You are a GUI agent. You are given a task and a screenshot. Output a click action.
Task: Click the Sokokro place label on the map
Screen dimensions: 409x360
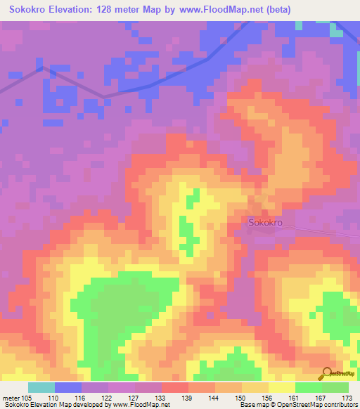point(265,222)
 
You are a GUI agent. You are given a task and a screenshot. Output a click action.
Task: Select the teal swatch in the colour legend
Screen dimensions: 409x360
point(41,387)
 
